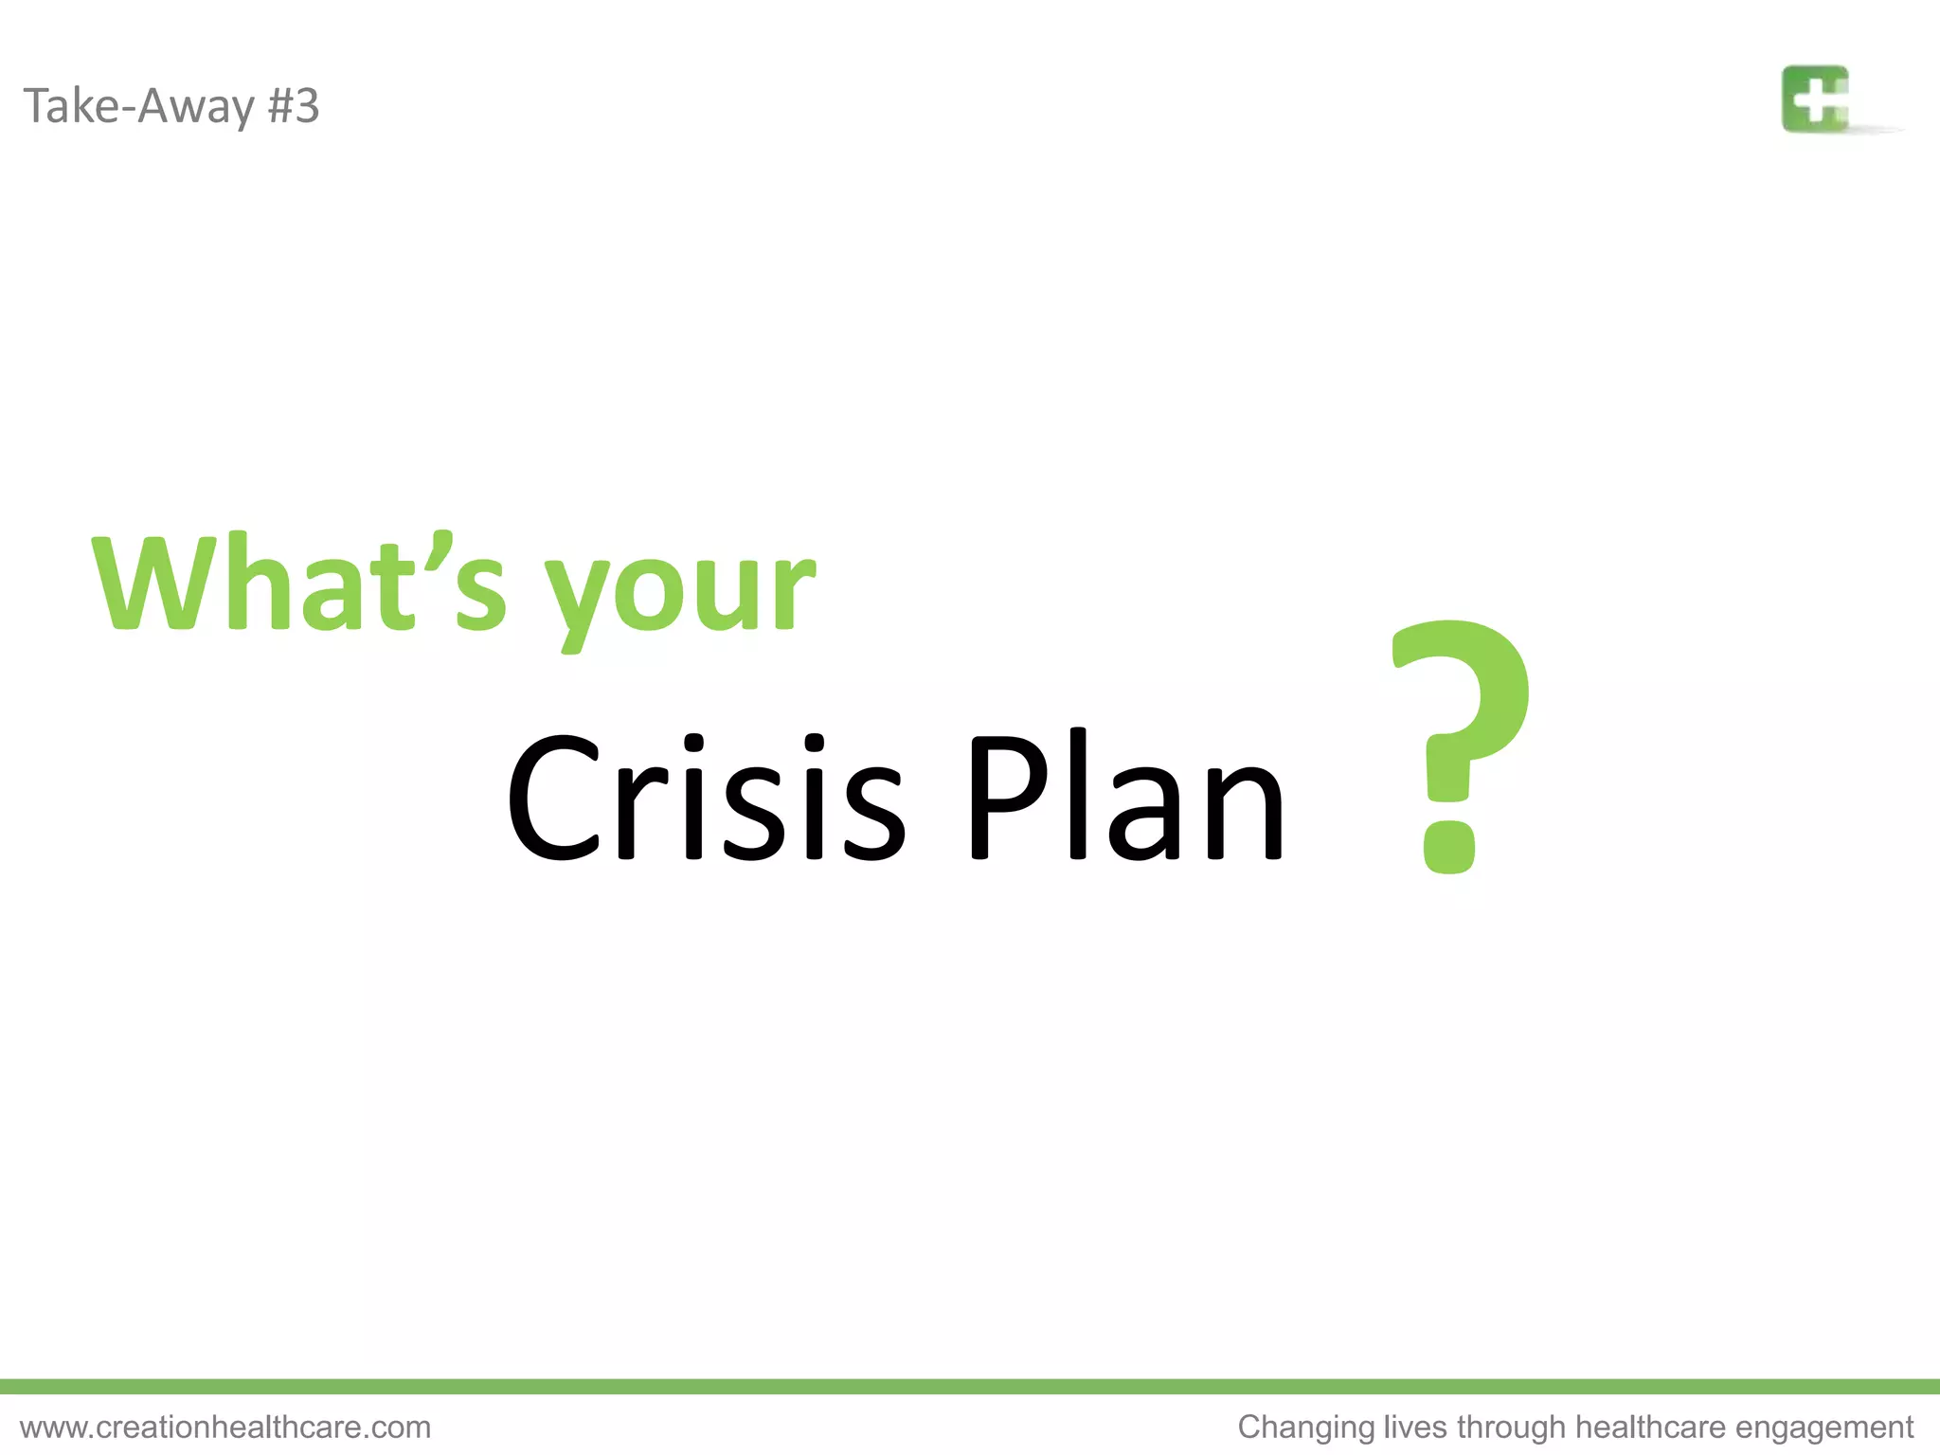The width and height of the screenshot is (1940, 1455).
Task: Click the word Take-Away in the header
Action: click(139, 105)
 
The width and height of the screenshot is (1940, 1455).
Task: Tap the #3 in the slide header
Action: click(294, 105)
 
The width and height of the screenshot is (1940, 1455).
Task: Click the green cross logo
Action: click(1815, 99)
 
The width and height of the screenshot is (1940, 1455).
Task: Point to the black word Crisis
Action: click(706, 798)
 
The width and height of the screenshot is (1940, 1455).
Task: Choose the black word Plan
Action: click(1125, 798)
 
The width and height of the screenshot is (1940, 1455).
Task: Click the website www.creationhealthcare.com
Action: click(225, 1427)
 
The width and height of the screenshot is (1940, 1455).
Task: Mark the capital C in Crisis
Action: click(555, 798)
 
